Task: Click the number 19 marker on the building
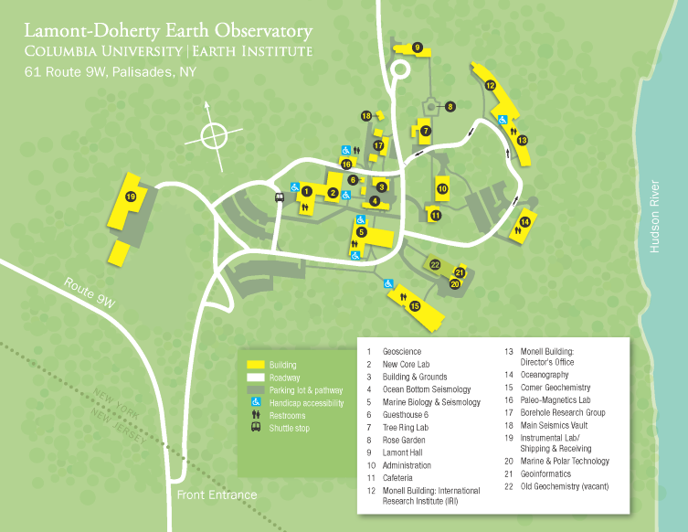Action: tap(132, 197)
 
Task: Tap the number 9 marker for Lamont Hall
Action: tap(417, 47)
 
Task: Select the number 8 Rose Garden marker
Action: tap(450, 107)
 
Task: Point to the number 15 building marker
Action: tap(415, 306)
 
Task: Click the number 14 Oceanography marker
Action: tap(525, 222)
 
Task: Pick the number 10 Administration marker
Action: tap(442, 189)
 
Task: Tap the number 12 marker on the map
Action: tap(491, 86)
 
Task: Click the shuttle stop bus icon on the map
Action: tap(280, 195)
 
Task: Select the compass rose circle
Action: tap(212, 137)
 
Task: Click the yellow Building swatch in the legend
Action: tap(255, 364)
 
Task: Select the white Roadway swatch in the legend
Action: tap(255, 377)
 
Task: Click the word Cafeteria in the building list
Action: tap(400, 477)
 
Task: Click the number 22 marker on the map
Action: tap(435, 265)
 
